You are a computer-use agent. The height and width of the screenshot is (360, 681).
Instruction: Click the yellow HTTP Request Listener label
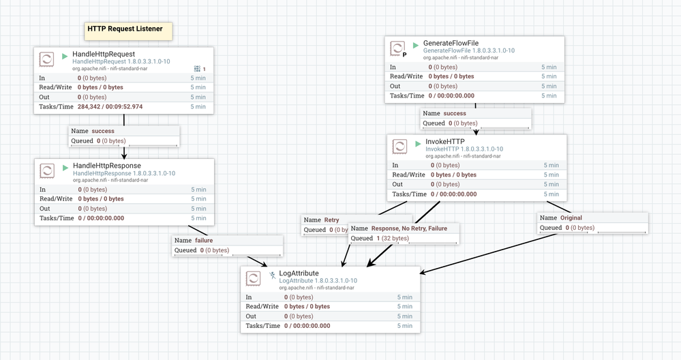[128, 31]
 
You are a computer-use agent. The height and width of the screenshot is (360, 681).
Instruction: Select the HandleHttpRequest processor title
[104, 54]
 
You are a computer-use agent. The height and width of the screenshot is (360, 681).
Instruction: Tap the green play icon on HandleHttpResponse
[65, 168]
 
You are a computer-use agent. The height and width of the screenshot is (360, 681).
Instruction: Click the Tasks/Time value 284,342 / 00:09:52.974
[110, 106]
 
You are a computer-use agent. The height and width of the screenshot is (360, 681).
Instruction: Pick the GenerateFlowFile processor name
[451, 43]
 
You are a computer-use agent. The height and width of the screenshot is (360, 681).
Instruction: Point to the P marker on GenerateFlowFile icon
[404, 55]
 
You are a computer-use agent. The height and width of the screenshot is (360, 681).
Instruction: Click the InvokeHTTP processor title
[444, 142]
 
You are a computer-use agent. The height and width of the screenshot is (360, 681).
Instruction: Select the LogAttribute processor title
[299, 273]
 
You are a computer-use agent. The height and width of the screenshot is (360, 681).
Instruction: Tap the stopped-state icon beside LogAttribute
[272, 275]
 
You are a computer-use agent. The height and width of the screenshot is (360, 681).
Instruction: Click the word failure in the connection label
[204, 240]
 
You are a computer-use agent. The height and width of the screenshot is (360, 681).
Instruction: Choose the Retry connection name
[331, 220]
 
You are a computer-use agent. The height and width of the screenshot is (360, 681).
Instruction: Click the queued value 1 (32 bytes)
[393, 238]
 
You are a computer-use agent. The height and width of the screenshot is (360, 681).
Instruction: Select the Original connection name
[571, 217]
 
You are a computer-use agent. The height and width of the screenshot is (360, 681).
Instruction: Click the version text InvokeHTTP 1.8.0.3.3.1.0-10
[464, 149]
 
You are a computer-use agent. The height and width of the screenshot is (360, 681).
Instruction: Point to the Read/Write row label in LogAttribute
[262, 306]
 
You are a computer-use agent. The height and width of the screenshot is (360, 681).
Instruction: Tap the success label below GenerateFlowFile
[455, 113]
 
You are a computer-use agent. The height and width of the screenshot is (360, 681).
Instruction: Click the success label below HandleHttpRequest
[103, 131]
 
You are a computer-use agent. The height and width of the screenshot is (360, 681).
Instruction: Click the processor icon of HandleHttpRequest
[47, 59]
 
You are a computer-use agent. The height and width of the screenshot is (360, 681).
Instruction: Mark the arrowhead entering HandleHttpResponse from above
[124, 155]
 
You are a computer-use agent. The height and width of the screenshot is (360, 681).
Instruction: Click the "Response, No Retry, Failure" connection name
[409, 228]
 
